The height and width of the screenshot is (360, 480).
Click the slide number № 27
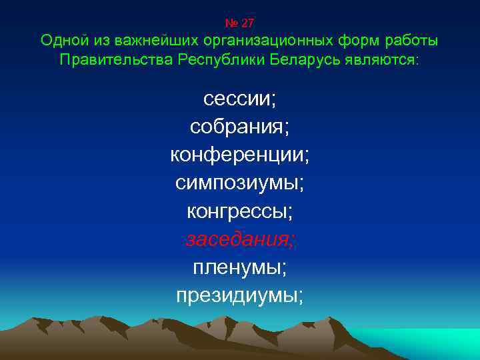(240, 23)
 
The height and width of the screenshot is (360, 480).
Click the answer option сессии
(240, 99)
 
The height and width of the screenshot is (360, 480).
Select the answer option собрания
(240, 127)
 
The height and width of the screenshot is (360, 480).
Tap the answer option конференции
(240, 155)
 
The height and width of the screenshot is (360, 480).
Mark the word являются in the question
(383, 61)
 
